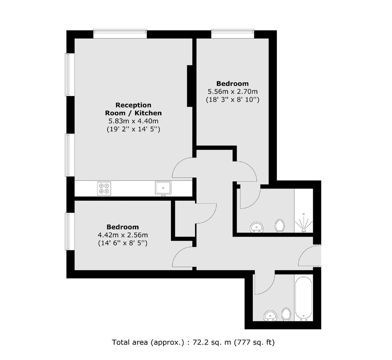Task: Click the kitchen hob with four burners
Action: point(104,189)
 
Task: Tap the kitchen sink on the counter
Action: point(163,188)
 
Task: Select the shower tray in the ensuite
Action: point(304,211)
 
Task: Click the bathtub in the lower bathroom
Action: point(304,298)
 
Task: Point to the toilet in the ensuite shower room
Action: point(280,226)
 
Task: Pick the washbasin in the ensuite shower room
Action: point(256,227)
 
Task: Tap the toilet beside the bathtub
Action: point(286,314)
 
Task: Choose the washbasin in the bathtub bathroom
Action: point(271,316)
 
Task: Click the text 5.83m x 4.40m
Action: point(133,121)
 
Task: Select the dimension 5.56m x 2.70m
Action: point(233,91)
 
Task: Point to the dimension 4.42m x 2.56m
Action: point(123,235)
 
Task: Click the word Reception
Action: point(133,105)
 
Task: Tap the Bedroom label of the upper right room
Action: point(233,83)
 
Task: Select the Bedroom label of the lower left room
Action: point(123,227)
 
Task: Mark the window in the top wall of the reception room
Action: point(120,34)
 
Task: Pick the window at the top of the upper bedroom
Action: point(233,34)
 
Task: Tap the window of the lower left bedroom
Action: point(70,231)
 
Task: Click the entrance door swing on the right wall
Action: point(309,255)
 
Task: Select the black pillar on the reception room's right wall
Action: point(190,86)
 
